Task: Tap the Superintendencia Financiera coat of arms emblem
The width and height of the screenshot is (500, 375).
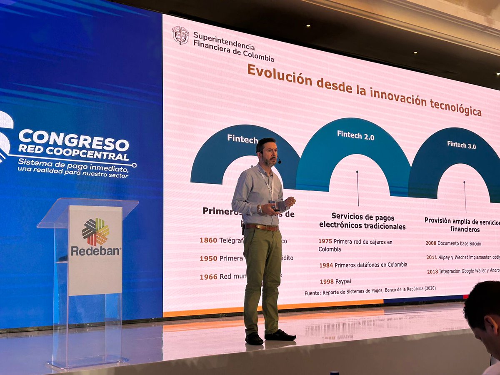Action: point(180,35)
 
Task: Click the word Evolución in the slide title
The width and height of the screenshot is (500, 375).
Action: point(280,75)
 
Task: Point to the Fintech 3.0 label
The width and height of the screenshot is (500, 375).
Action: point(461,145)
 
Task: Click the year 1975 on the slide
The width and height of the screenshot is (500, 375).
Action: point(325,241)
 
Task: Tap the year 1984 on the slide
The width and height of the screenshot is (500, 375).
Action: point(326,265)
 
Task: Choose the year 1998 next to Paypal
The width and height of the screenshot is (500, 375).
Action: point(327,281)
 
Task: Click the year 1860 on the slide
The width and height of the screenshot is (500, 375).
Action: point(208,240)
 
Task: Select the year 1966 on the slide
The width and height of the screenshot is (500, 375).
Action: point(208,277)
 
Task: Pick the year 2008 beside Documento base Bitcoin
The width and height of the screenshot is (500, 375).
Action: point(431,243)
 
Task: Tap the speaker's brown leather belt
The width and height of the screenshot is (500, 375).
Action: point(262,227)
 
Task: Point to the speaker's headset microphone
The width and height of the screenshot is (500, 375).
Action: point(278,160)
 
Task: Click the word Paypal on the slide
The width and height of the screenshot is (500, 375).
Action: point(343,281)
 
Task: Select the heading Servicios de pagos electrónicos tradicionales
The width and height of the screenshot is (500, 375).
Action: point(362,221)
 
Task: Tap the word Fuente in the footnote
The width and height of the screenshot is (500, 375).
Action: point(312,293)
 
